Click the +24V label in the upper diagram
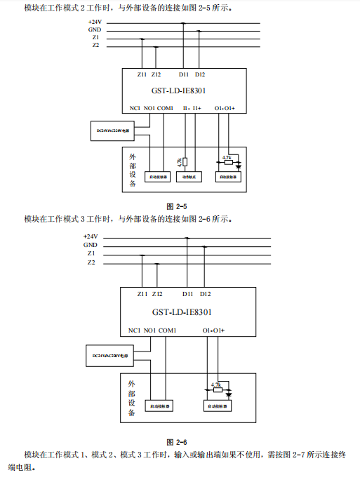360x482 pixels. tap(94, 22)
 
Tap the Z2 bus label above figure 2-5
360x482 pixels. tap(95, 45)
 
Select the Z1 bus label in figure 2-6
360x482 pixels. tap(91, 253)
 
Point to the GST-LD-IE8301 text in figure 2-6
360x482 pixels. tap(182, 312)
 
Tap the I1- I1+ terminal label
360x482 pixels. tap(192, 108)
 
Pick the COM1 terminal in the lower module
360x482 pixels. tap(167, 330)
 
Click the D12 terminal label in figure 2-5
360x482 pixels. tap(200, 74)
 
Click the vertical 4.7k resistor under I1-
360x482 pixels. tap(185, 162)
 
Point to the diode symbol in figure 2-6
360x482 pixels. tap(229, 394)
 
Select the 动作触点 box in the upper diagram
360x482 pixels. tap(186, 178)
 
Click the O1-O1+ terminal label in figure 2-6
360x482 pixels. tap(214, 330)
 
